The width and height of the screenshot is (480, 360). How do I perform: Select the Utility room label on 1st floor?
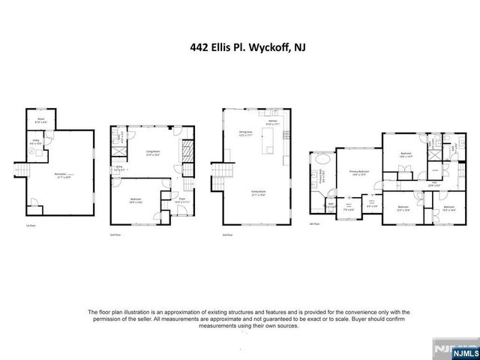click(x=35, y=142)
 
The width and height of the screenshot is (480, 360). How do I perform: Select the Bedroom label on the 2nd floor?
click(x=136, y=200)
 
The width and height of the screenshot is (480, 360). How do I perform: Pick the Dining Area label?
click(x=245, y=134)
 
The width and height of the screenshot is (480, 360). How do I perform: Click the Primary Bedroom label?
click(x=358, y=172)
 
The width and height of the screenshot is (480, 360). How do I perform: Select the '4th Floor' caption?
click(x=316, y=223)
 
